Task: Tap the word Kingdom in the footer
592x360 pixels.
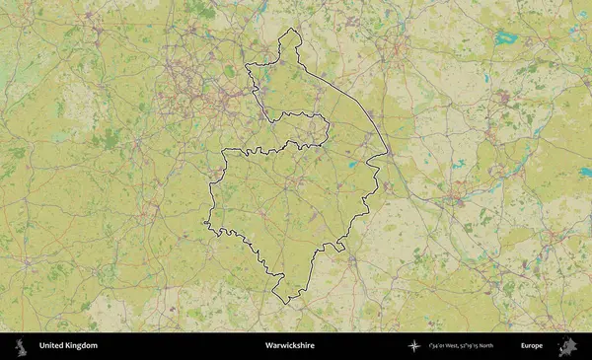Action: coord(82,346)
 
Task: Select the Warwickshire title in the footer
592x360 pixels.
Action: coord(289,346)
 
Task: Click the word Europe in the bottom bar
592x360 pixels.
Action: coord(532,346)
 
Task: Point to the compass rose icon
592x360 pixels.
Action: coord(414,346)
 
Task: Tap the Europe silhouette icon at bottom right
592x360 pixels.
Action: coord(567,346)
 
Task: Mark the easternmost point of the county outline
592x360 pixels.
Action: coord(387,156)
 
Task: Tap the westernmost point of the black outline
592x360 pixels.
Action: coord(206,223)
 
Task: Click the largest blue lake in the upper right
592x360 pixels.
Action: coord(507,39)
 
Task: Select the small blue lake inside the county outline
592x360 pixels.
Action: coord(351,165)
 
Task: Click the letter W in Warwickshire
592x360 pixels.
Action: coord(268,346)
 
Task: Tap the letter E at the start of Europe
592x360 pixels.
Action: coord(523,346)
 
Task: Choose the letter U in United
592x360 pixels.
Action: coord(41,346)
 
